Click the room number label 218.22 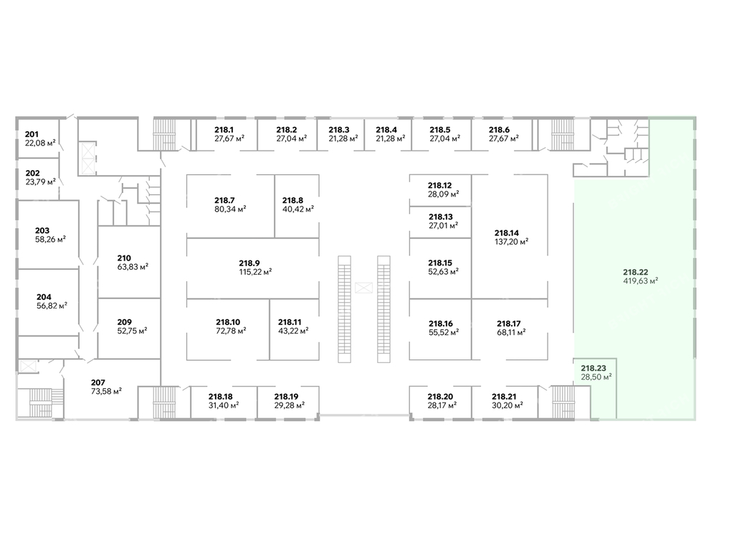tap(636, 272)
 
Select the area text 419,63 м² tap(641, 281)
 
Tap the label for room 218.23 tap(593, 367)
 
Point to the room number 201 tap(32, 134)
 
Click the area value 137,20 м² tap(511, 242)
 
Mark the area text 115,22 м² tap(255, 272)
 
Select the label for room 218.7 tap(225, 200)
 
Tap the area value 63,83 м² tap(133, 267)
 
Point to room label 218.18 tap(221, 396)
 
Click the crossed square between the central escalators tap(363, 288)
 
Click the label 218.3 tap(339, 130)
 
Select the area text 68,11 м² tap(511, 332)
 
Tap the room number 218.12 tap(440, 185)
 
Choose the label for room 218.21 tap(504, 396)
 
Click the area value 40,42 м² tap(297, 209)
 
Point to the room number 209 tap(125, 321)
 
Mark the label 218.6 tap(499, 130)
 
